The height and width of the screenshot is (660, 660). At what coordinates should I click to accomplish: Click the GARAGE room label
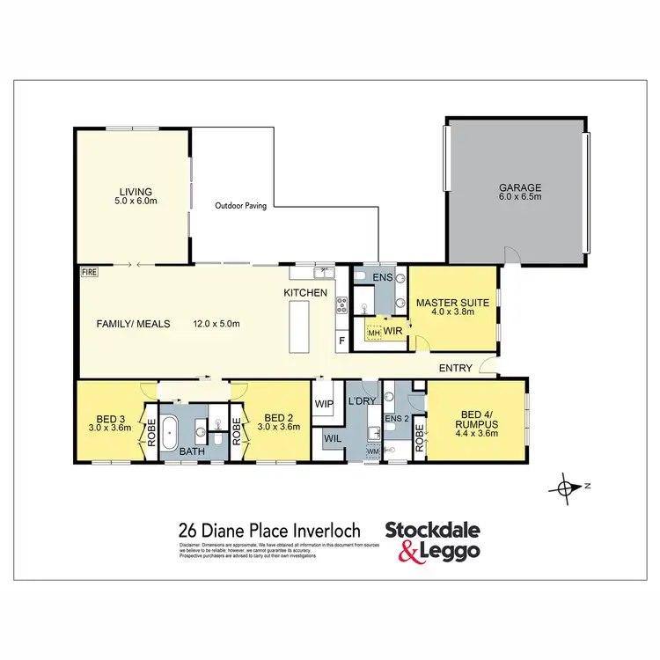pyautogui.click(x=521, y=187)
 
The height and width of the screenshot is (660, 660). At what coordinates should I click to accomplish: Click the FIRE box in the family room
pyautogui.click(x=89, y=272)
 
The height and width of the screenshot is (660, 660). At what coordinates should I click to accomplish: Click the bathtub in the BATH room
pyautogui.click(x=172, y=432)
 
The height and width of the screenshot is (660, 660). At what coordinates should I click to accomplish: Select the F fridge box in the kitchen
pyautogui.click(x=341, y=341)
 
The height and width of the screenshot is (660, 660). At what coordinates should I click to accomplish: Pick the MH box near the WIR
pyautogui.click(x=373, y=334)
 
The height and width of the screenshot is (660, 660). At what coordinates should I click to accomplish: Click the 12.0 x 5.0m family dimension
pyautogui.click(x=216, y=323)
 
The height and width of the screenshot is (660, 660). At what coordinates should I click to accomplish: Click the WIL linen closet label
pyautogui.click(x=332, y=436)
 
